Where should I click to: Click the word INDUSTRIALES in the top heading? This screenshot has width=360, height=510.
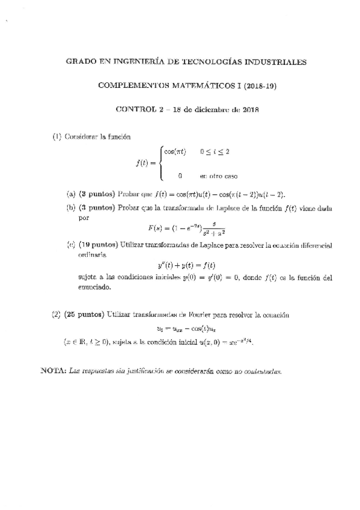click(276, 62)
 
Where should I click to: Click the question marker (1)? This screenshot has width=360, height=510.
click(57, 137)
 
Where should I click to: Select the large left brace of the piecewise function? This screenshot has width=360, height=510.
click(160, 164)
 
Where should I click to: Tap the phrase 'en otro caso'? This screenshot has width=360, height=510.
click(219, 176)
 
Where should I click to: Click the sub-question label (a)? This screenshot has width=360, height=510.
click(71, 194)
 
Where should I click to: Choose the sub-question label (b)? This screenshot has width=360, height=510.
click(71, 207)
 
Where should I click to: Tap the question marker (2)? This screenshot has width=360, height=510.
click(56, 315)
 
